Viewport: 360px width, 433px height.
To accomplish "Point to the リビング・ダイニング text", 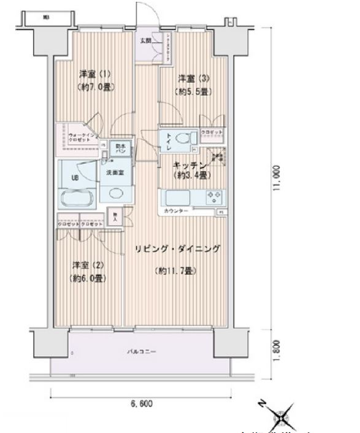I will pos(177,248).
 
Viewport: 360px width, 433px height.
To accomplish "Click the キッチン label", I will pos(190,165).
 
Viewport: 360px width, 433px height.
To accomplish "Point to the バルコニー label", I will pos(142,352).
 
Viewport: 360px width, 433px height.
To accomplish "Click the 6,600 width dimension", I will pos(140,404).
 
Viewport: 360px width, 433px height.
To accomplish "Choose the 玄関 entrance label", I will pos(145,40).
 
